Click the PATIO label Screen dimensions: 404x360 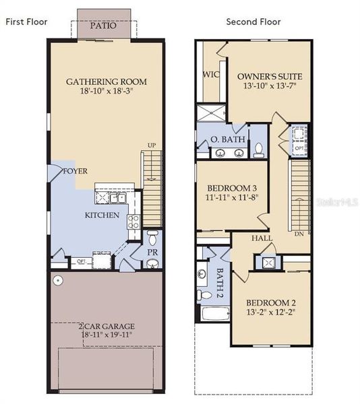104,27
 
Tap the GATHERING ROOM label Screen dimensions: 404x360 106,82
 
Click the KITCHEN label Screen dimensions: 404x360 102,215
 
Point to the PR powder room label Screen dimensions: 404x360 153,252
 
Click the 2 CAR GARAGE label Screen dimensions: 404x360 106,325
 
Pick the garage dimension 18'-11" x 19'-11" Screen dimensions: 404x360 106,333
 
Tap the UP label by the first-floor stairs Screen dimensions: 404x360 152,145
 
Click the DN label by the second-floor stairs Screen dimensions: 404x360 300,235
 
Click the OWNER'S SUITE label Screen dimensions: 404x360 270,77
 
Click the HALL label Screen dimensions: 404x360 262,238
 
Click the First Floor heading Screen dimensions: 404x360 27,22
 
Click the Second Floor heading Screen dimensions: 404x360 253,22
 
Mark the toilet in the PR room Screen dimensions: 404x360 153,238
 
